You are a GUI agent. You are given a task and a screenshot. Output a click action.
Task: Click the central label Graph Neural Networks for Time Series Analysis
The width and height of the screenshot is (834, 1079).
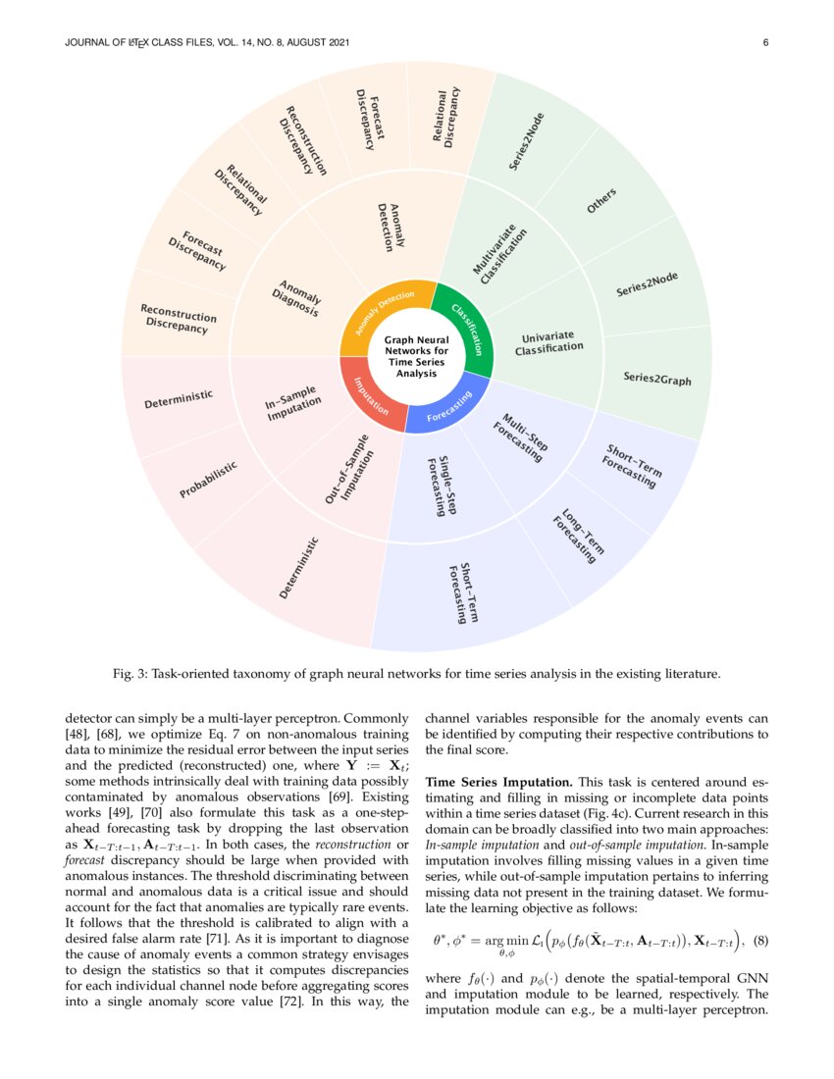416,357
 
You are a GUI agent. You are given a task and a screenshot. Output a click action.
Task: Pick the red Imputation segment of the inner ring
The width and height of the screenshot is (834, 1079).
364,391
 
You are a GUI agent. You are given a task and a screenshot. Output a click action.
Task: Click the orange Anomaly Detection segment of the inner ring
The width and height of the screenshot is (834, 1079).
383,310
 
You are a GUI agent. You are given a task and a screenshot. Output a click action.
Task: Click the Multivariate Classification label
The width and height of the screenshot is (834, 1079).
500,256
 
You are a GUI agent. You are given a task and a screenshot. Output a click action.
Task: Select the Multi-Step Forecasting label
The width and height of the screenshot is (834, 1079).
522,437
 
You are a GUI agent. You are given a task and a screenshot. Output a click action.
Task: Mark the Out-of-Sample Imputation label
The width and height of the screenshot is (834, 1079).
348,470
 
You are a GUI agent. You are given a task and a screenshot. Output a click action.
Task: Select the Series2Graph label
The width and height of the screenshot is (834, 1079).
656,378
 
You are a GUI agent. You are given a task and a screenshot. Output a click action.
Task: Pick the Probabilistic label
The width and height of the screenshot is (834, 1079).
208,481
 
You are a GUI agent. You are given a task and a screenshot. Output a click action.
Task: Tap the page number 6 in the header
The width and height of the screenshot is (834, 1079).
765,41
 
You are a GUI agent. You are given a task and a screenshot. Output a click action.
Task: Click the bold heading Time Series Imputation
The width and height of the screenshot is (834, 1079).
498,782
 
